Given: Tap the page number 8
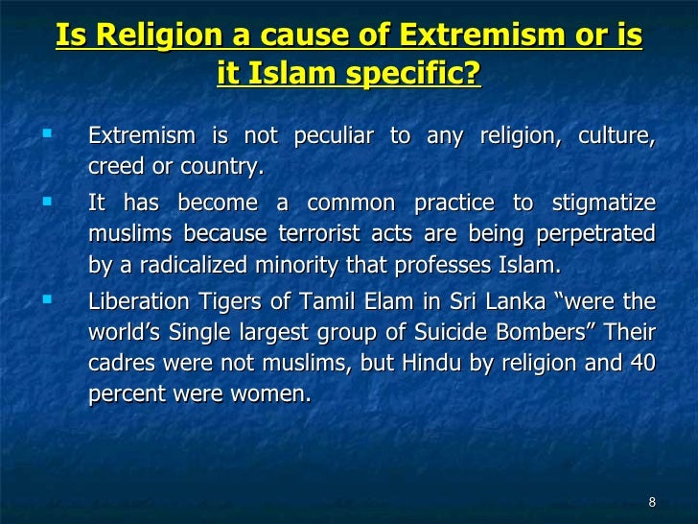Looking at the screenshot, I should coord(652,502).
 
